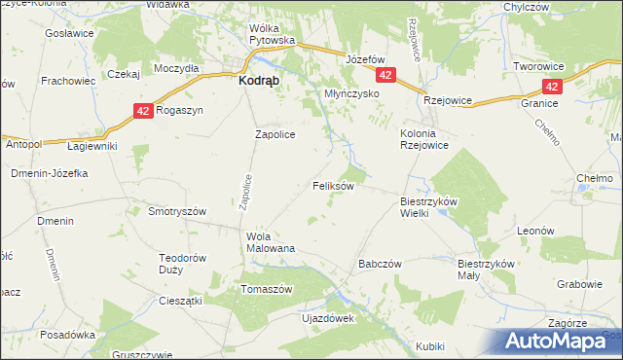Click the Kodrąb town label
click(261, 83)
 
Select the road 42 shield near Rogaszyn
click(143, 112)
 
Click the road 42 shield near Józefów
click(387, 76)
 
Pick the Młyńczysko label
click(349, 94)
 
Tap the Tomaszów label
click(267, 290)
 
